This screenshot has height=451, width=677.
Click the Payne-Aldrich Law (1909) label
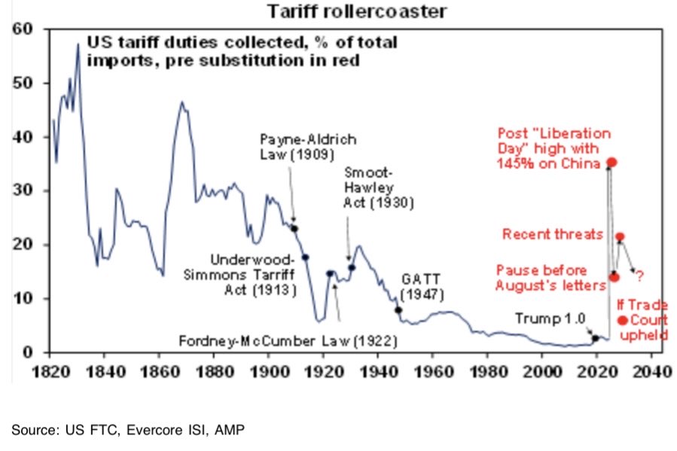pos(308,149)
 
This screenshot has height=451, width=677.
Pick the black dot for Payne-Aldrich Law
pos(294,228)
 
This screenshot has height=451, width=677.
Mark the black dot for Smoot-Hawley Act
pos(352,267)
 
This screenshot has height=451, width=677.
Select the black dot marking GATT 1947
pos(398,309)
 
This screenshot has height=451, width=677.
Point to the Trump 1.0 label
pos(550,319)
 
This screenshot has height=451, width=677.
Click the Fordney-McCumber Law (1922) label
pos(288,341)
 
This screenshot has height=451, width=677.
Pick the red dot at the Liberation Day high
pos(612,162)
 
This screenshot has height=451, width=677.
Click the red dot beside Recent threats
pos(620,237)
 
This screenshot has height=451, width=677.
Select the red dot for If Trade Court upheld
pos(622,321)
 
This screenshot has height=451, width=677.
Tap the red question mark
pos(639,276)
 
